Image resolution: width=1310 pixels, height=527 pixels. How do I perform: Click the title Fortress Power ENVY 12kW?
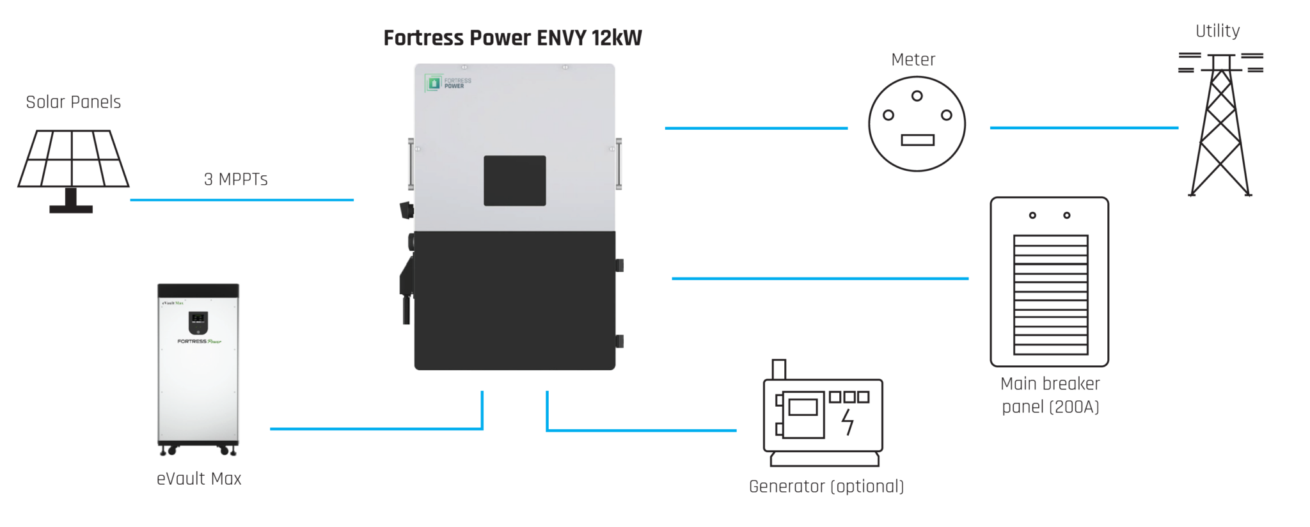[512, 38]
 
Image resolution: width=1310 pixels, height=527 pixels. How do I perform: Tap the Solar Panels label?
[73, 102]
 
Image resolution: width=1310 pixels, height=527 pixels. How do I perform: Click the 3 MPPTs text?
[235, 179]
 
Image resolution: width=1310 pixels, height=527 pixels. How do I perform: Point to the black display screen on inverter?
[514, 180]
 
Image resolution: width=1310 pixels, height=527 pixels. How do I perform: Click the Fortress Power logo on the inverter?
[448, 83]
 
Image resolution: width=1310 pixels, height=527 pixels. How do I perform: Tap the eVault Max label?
[199, 478]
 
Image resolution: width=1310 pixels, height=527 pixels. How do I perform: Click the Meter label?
[913, 59]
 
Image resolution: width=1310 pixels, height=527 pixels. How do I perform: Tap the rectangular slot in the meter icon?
[917, 140]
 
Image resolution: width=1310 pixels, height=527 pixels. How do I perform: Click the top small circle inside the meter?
[917, 96]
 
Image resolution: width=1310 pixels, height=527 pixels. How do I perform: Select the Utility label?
[1217, 31]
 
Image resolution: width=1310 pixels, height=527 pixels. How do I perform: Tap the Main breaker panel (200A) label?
[1050, 395]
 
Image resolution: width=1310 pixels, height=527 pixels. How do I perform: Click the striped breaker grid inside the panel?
[1050, 294]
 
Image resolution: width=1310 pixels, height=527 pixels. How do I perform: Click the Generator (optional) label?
[826, 486]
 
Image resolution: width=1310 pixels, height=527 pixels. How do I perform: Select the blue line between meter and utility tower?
[1084, 128]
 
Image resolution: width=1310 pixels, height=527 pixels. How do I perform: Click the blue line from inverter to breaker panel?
[819, 278]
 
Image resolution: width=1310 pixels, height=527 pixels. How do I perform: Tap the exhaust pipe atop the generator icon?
[778, 369]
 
